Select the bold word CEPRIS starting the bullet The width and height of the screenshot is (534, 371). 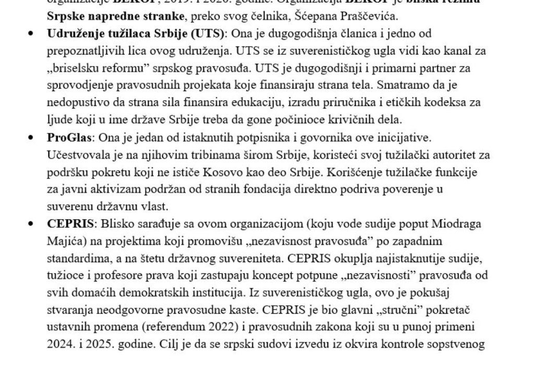pyautogui.click(x=70, y=224)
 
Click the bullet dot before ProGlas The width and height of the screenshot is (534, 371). pyautogui.click(x=32, y=138)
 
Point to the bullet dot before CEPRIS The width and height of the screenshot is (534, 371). pyautogui.click(x=32, y=224)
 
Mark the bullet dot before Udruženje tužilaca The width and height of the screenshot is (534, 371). pyautogui.click(x=32, y=34)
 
